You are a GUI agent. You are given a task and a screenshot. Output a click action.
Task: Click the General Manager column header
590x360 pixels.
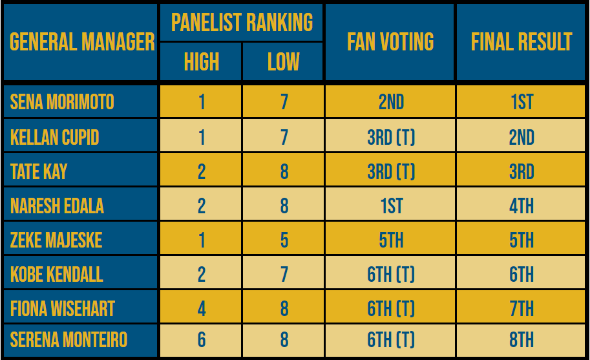click(81, 42)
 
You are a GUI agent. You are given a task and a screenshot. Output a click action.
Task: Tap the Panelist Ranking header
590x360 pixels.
click(242, 23)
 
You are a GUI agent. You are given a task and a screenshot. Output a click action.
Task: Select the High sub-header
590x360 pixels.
click(201, 62)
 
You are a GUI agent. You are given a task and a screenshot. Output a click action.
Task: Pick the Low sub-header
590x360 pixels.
click(283, 62)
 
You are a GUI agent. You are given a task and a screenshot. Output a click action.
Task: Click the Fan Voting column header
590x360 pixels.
click(390, 42)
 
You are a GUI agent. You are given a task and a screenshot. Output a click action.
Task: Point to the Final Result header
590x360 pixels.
click(521, 42)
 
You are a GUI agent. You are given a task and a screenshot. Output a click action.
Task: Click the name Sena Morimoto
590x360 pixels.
click(62, 102)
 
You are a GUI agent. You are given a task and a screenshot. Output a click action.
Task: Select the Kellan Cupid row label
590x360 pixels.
click(54, 137)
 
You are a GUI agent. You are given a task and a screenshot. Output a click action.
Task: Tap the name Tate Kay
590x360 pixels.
click(39, 171)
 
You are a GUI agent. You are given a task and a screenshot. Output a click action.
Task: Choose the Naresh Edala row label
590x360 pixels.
click(57, 206)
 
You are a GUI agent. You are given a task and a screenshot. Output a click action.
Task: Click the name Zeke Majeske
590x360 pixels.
click(56, 240)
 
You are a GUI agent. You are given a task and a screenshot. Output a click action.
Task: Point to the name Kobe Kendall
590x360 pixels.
click(56, 275)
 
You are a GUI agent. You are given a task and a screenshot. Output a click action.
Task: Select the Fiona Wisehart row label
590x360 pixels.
click(62, 309)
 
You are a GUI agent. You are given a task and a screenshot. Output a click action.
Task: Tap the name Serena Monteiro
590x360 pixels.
click(68, 340)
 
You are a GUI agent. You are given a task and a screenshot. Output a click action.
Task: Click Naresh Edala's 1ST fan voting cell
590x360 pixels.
click(390, 206)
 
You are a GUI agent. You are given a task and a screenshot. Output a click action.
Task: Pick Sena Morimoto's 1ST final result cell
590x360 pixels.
click(521, 102)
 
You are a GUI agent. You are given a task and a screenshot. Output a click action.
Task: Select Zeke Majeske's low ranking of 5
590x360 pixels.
click(284, 240)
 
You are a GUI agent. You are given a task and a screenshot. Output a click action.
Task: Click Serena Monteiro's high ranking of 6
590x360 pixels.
click(201, 340)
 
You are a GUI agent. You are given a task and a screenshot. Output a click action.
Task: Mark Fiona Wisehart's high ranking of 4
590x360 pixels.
click(201, 309)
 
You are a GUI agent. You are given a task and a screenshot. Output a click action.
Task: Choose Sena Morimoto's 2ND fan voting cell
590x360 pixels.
click(390, 102)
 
